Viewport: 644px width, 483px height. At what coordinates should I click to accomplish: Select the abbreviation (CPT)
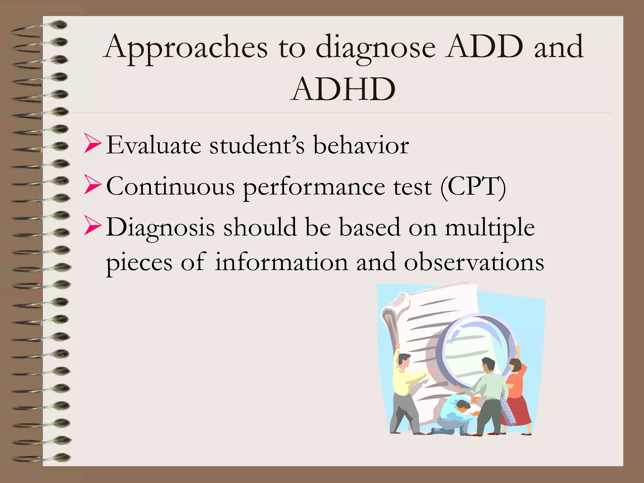coord(473,187)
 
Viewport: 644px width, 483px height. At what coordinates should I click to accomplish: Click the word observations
coord(474,262)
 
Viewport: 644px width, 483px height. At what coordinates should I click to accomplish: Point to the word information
coord(281,262)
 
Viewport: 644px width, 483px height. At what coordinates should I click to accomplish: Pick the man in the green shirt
coord(489,396)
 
